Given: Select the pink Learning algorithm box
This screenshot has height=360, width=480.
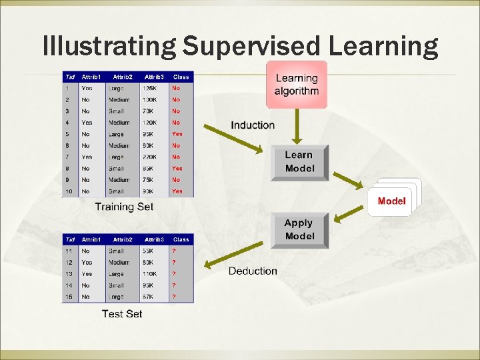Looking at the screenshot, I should pos(297,85).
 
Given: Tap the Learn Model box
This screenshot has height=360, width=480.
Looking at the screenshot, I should pos(299,162).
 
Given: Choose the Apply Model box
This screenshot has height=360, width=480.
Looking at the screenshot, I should pos(299,230).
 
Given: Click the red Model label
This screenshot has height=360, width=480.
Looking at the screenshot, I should pos(391,201).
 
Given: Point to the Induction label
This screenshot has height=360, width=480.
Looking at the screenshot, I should pos(253,125).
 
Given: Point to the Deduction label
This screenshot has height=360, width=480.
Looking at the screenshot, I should pos(253,271).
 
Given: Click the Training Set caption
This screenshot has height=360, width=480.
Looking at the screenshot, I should pos(124,207).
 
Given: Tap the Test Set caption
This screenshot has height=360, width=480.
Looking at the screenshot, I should pos(122,313).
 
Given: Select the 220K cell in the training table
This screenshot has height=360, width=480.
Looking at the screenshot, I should pos(151,157).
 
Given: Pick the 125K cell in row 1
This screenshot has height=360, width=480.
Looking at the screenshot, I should pos(150,88).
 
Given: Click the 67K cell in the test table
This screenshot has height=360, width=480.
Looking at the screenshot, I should pos(149,297).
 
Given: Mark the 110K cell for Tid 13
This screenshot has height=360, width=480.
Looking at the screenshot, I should pos(151,274).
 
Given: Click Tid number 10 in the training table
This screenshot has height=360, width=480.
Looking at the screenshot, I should pos(68,191).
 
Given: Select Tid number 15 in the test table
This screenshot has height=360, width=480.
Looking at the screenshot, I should pos(68,297).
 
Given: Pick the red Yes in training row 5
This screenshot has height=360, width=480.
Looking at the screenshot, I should pos(177,134).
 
